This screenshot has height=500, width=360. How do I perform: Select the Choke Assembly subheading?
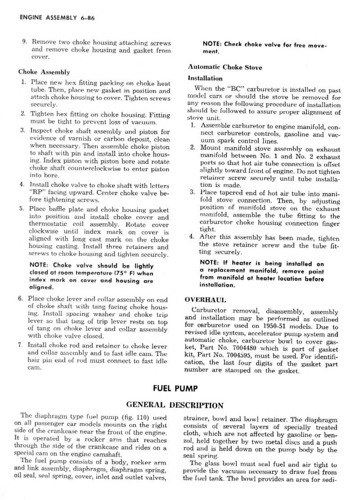44,72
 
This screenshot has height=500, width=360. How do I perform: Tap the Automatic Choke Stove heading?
225,68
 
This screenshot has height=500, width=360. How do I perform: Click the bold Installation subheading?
205,78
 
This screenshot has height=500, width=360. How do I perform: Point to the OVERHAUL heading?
206,300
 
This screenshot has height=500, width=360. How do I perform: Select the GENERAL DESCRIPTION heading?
175,405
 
